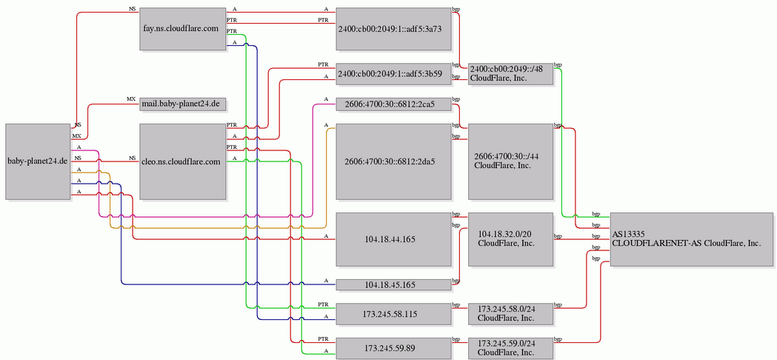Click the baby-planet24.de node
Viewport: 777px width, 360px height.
point(38,161)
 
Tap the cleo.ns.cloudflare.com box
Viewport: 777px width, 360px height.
point(183,161)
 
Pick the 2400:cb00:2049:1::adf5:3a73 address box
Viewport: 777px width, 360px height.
point(393,29)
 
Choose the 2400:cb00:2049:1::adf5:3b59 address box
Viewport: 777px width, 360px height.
point(393,74)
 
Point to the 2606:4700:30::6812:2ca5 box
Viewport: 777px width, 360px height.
point(393,104)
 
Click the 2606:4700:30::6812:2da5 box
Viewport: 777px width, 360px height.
point(393,161)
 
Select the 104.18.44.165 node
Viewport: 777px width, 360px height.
point(393,239)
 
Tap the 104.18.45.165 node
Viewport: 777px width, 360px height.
point(393,284)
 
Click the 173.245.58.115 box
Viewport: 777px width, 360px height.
point(393,314)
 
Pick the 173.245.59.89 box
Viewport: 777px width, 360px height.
point(393,348)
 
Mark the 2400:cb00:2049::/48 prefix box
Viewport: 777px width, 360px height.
point(510,74)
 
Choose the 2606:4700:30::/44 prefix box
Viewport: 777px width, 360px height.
point(510,161)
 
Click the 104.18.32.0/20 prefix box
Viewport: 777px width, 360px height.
point(510,239)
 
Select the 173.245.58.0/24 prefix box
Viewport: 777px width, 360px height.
point(510,314)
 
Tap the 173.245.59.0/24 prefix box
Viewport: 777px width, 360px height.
point(510,348)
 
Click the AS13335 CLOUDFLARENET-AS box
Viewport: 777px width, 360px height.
point(691,239)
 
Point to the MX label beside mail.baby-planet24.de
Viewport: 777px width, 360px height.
point(131,99)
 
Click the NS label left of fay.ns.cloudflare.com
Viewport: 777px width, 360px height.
point(132,9)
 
